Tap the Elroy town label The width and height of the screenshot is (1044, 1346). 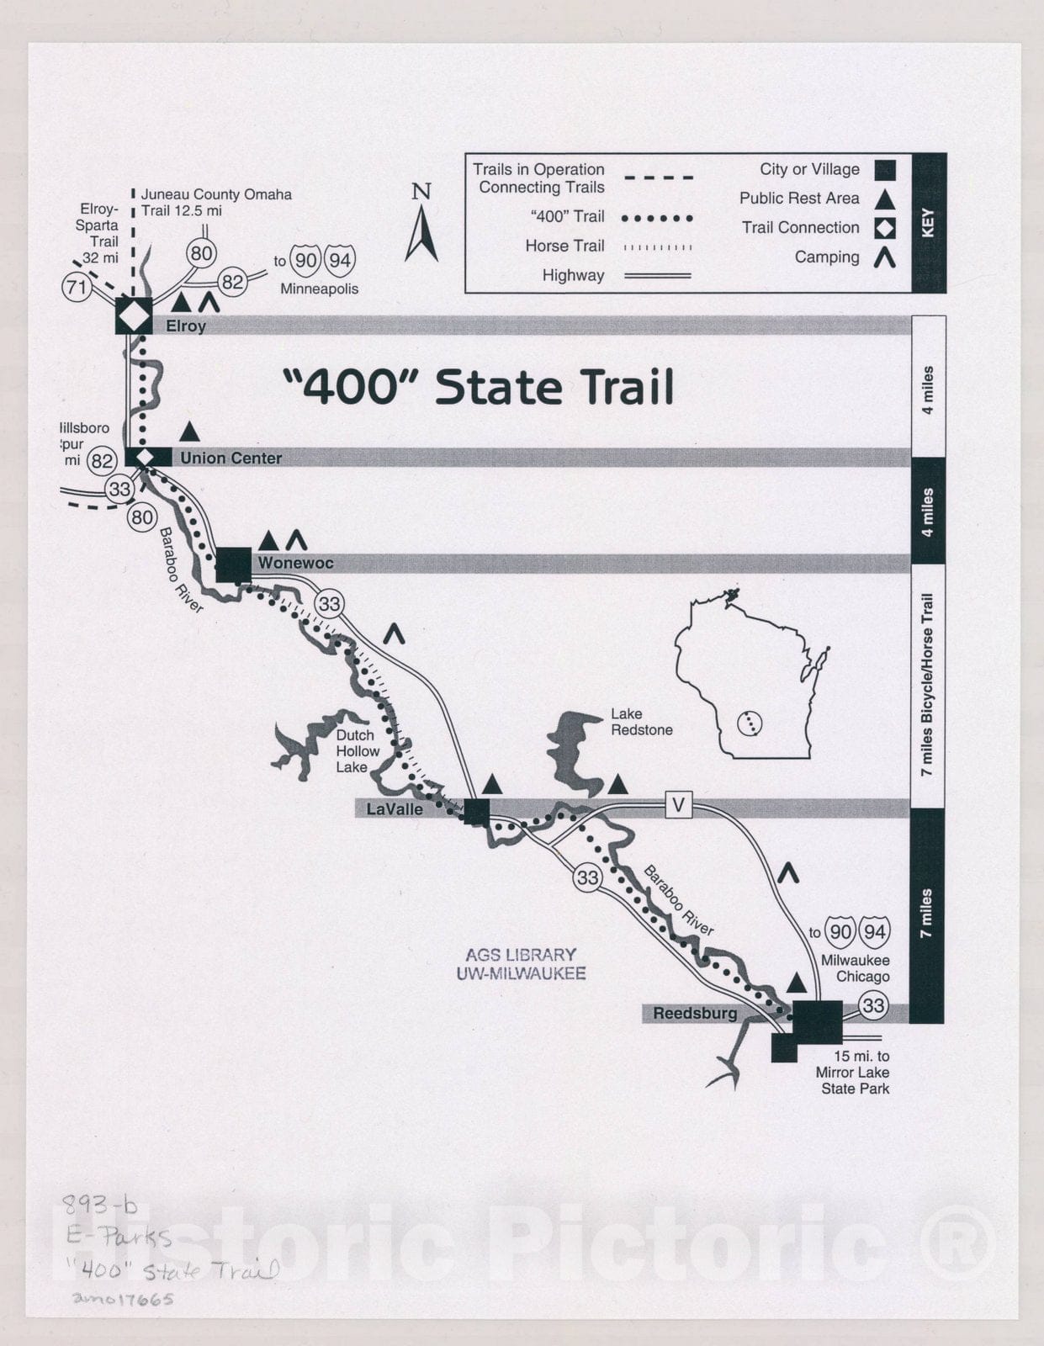click(x=186, y=326)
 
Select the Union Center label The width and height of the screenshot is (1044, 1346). click(x=231, y=458)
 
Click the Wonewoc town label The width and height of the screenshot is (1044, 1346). click(x=295, y=563)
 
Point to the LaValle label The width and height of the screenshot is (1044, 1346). click(x=394, y=809)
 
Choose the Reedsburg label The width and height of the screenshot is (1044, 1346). click(x=695, y=1014)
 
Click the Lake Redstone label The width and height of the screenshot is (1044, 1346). click(x=641, y=722)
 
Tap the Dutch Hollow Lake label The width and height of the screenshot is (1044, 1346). click(x=357, y=750)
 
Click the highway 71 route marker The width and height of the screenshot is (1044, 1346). click(x=77, y=288)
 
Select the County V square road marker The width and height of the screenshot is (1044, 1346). click(x=678, y=806)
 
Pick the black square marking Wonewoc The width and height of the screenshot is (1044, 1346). click(x=234, y=564)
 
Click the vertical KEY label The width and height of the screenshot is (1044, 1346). click(x=929, y=223)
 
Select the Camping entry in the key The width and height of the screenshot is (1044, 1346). click(x=827, y=257)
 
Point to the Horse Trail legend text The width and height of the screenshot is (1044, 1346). click(x=564, y=246)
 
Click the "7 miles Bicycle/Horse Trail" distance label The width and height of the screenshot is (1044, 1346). click(x=927, y=685)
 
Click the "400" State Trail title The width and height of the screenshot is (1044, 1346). click(x=478, y=387)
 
